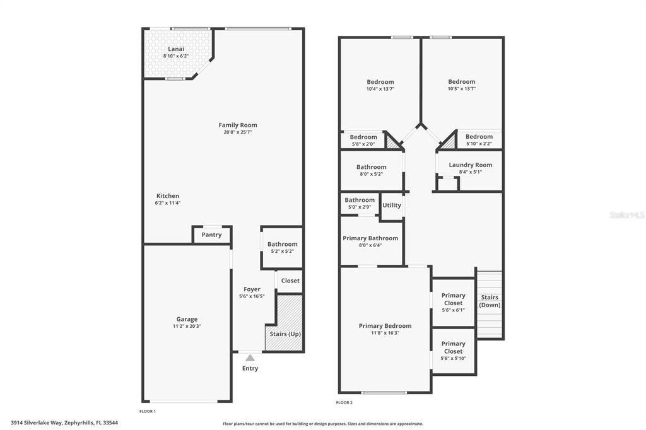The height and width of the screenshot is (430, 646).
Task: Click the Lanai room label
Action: pos(176,49)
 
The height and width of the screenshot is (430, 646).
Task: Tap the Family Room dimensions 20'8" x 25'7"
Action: pos(238,132)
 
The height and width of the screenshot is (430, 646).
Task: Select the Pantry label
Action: pos(211,235)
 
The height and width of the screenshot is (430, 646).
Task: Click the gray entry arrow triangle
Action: pos(250,357)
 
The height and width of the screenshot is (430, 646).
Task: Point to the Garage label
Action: pos(187,319)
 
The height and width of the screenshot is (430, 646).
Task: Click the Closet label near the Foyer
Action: pos(290,281)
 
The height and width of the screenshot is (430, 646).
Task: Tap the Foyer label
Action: pos(252,289)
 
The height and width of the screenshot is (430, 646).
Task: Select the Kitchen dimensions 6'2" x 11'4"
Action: pos(168,203)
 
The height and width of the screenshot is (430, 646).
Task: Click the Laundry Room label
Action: pos(471,165)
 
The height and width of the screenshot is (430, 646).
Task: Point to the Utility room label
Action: pos(392,205)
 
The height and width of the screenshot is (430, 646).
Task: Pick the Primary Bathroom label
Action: pos(370,238)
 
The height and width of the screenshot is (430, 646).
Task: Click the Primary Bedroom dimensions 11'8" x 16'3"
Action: pos(385,333)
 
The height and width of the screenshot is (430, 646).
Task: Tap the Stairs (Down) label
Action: pos(490,301)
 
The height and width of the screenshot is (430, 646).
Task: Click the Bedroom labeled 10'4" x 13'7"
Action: pos(380,82)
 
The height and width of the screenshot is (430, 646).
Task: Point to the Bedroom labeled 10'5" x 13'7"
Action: pos(462,82)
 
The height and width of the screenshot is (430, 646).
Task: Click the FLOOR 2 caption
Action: pos(344,402)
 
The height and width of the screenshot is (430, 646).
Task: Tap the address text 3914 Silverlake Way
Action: pos(47,423)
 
